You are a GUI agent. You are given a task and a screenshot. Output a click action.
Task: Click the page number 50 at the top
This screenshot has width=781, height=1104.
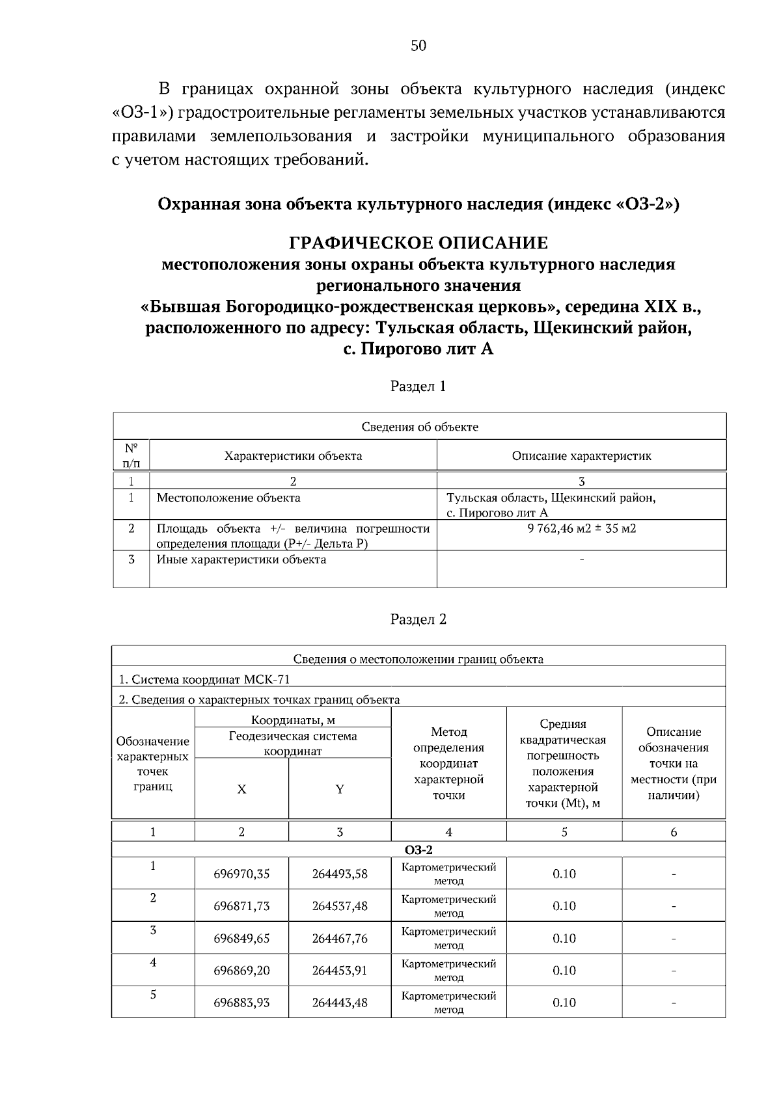pyautogui.click(x=418, y=46)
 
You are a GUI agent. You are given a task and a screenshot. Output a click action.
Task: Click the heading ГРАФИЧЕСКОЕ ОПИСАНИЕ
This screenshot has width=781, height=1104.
pyautogui.click(x=418, y=243)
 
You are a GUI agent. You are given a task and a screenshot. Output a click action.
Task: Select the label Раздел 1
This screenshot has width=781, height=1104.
pyautogui.click(x=418, y=386)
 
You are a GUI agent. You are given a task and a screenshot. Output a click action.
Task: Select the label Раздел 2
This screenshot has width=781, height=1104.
pyautogui.click(x=418, y=619)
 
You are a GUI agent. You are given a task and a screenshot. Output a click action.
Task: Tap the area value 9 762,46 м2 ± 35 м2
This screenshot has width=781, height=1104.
pyautogui.click(x=581, y=528)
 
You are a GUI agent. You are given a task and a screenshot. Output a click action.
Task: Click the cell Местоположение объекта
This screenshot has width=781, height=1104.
pyautogui.click(x=228, y=498)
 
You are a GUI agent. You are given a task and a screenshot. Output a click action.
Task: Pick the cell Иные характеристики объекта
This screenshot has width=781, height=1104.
pyautogui.click(x=241, y=559)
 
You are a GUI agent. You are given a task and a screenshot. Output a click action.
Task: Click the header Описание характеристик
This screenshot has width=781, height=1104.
pyautogui.click(x=581, y=456)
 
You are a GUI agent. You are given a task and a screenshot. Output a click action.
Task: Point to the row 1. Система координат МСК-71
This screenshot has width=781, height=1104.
pyautogui.click(x=204, y=679)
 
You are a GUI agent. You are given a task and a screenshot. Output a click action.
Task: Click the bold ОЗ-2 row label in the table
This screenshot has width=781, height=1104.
pyautogui.click(x=418, y=850)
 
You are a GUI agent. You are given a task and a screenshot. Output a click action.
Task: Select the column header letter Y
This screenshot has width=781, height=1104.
pyautogui.click(x=340, y=789)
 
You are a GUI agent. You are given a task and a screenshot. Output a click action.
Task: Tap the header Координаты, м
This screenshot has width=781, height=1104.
pyautogui.click(x=293, y=720)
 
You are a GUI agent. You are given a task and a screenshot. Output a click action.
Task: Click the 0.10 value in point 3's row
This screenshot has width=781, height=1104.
pyautogui.click(x=564, y=938)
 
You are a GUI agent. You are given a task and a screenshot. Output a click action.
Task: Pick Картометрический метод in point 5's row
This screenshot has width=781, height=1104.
pyautogui.click(x=448, y=1003)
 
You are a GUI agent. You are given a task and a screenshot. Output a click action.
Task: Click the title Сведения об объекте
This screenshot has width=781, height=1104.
pyautogui.click(x=420, y=427)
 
